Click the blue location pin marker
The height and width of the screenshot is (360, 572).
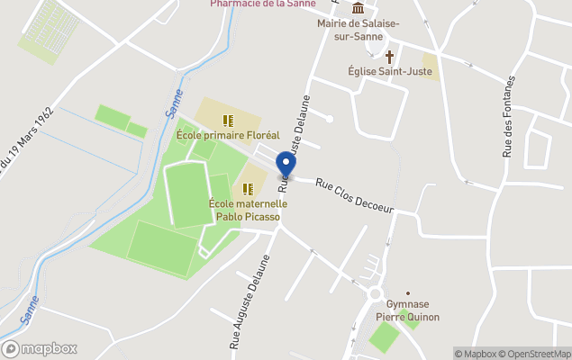point(286,166)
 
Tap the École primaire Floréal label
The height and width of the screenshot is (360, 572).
point(228,135)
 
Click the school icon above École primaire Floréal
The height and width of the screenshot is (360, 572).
point(228,120)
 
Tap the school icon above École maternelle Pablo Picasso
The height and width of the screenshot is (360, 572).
point(248,189)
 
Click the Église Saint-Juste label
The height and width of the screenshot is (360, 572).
point(390,70)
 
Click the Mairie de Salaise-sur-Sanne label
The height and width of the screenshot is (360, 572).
point(359,29)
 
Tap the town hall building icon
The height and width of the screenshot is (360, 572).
point(359,10)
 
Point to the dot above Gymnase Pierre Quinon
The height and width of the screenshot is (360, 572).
point(408,293)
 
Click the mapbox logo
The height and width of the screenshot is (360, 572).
point(40,348)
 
